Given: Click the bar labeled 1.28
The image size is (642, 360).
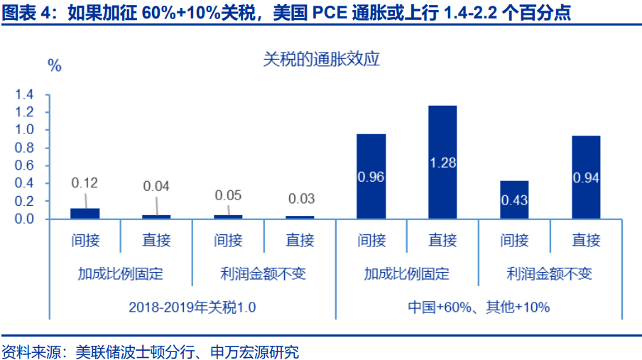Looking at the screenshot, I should click(x=442, y=162).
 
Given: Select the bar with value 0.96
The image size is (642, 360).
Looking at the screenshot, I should click(x=371, y=176).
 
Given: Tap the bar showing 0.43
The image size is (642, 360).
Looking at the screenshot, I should click(x=513, y=200).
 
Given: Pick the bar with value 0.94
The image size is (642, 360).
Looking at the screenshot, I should click(x=586, y=177).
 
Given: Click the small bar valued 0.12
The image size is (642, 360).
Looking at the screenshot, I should click(x=85, y=213).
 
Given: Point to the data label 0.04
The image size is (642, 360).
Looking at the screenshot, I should click(x=156, y=186).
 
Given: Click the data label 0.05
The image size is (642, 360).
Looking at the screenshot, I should click(x=228, y=195).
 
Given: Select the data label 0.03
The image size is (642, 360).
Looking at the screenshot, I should click(x=300, y=199).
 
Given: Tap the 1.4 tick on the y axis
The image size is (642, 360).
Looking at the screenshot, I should click(x=25, y=94).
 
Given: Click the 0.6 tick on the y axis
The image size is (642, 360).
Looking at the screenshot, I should click(x=25, y=165).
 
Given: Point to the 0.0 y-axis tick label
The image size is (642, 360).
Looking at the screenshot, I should click(x=25, y=219).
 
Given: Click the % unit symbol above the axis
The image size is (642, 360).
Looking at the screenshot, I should click(x=55, y=66).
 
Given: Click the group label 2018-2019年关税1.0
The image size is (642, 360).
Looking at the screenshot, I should click(x=192, y=307).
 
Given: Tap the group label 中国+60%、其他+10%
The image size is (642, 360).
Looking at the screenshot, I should click(x=479, y=307).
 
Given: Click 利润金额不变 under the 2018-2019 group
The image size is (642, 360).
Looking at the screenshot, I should click(x=263, y=273).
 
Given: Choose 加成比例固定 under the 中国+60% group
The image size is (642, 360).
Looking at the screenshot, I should click(x=407, y=273).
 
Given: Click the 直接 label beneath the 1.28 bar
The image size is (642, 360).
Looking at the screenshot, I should click(x=442, y=240).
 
